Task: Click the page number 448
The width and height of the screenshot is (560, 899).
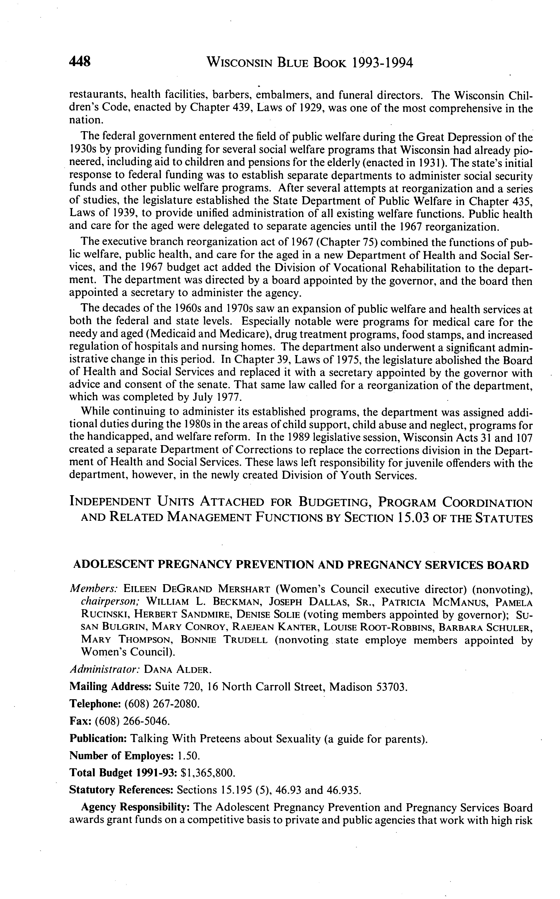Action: point(80,61)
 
